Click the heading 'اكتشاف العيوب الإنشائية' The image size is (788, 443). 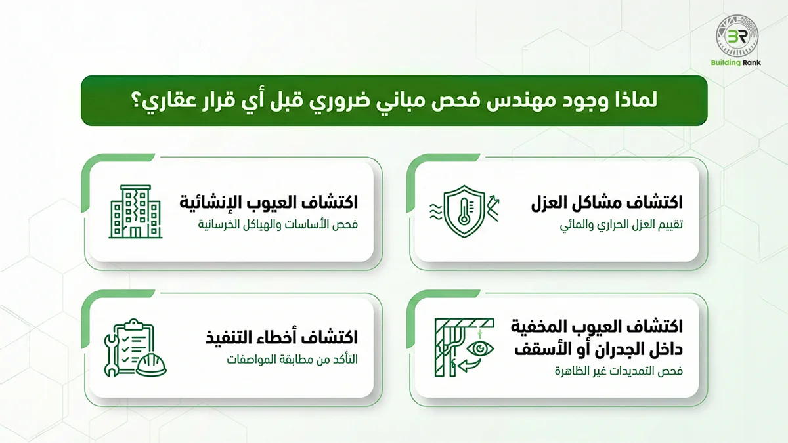click(x=269, y=201)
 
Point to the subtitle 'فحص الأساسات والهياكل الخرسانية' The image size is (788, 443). click(x=278, y=225)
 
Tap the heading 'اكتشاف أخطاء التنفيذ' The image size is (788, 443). click(x=282, y=338)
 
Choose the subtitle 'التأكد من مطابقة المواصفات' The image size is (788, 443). click(x=292, y=360)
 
